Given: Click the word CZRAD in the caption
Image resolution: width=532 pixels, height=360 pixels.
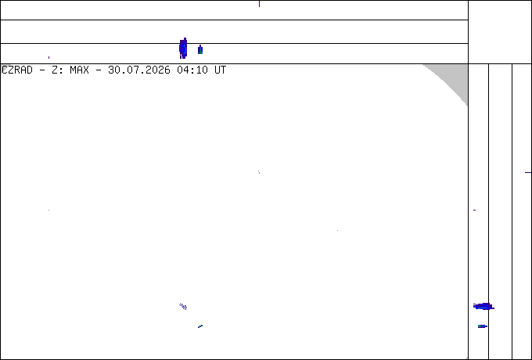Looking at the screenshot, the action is coord(17,70).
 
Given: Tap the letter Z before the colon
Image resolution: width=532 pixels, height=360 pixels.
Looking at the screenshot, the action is coord(55,70).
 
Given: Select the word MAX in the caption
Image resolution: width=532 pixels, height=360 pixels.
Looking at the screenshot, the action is coord(79,70).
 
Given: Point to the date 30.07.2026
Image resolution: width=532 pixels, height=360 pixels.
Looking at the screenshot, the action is coord(139,70).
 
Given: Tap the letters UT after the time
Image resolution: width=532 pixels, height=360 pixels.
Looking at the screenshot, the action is coord(221,70).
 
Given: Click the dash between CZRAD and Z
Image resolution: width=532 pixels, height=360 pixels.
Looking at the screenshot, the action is coord(42,70).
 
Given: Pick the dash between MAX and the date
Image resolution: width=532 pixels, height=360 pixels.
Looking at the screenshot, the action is coord(99,70).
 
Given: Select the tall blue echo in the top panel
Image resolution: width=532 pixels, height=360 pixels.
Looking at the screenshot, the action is coord(183,49).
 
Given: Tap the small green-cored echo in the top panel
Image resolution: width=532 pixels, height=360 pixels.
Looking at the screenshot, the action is coord(200,50).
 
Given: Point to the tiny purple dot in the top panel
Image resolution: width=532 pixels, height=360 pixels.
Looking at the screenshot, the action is coord(49,57).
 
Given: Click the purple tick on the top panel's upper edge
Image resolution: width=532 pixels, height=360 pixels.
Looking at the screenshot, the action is coord(259,4).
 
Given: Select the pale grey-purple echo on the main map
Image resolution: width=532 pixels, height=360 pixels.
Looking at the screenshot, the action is coord(183,306).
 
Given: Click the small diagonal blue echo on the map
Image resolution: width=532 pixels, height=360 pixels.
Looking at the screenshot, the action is coord(200,326).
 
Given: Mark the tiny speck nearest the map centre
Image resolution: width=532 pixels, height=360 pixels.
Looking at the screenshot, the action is coord(259,172).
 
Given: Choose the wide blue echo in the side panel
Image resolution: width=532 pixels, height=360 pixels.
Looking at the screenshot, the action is coord(483,307).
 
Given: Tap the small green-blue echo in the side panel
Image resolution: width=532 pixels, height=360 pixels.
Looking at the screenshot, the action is coord(483,326).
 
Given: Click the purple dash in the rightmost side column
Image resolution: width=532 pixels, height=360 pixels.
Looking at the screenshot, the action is coord(528,172).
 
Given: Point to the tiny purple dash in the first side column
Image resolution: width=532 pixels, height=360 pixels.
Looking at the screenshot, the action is coord(474,210).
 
